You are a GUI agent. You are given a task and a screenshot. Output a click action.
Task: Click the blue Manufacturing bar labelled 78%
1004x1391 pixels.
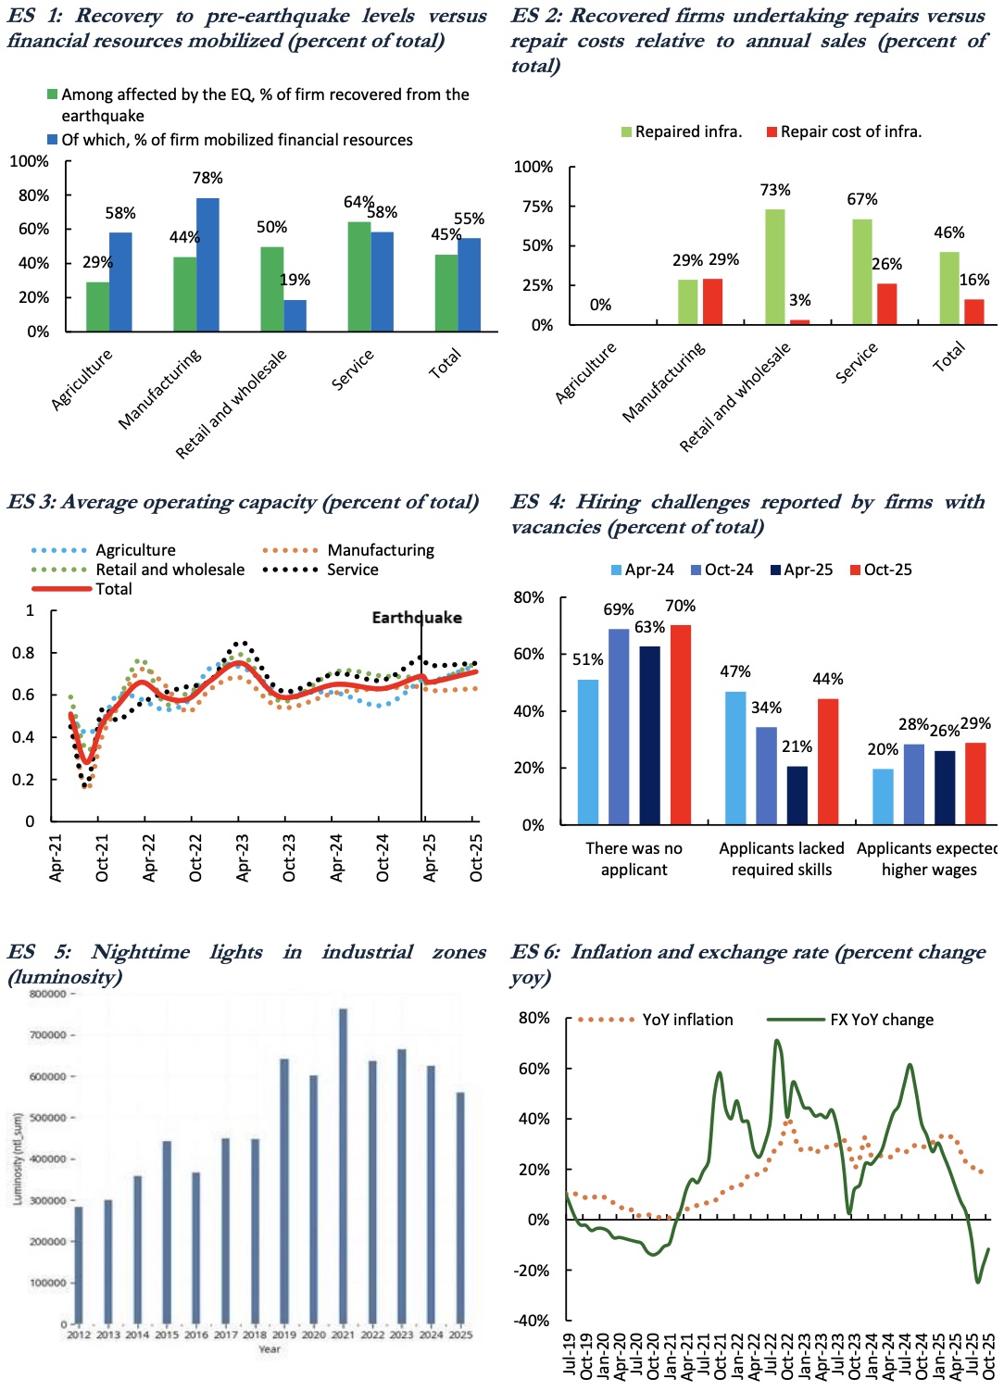(x=207, y=265)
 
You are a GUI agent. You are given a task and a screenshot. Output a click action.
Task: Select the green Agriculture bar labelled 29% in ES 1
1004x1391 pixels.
(x=97, y=307)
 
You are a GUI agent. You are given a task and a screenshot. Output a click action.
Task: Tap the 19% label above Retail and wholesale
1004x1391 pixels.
(x=295, y=280)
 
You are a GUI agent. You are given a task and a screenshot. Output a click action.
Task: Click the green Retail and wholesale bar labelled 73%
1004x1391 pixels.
(x=774, y=267)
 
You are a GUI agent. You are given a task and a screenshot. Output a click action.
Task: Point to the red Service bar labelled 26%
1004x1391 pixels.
(x=886, y=304)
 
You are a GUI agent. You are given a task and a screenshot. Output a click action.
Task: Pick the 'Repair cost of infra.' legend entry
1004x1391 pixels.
(x=844, y=132)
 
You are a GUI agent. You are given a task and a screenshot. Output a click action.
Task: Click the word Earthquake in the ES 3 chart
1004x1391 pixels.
(x=417, y=618)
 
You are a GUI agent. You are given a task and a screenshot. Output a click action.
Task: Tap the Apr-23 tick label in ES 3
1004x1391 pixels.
(x=243, y=857)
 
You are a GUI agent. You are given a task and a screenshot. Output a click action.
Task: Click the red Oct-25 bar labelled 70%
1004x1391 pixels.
(x=681, y=724)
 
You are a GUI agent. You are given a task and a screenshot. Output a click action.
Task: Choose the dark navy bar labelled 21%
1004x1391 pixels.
(x=797, y=796)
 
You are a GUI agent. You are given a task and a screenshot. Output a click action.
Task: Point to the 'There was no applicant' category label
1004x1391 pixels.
(x=634, y=858)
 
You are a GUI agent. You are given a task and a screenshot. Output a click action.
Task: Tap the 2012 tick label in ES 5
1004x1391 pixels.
(x=79, y=1335)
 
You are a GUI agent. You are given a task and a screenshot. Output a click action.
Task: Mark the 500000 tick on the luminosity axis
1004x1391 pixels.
(x=48, y=1118)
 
